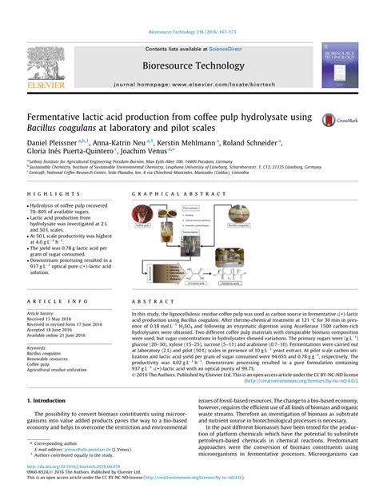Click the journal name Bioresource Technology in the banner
189,65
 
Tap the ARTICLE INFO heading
53,300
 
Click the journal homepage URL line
189,83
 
